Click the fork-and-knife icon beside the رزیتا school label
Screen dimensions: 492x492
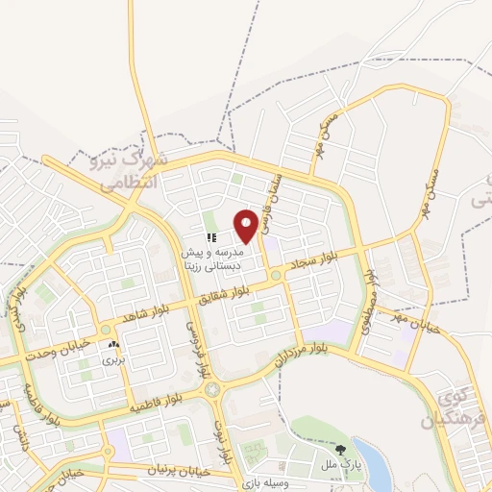[210, 236]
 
